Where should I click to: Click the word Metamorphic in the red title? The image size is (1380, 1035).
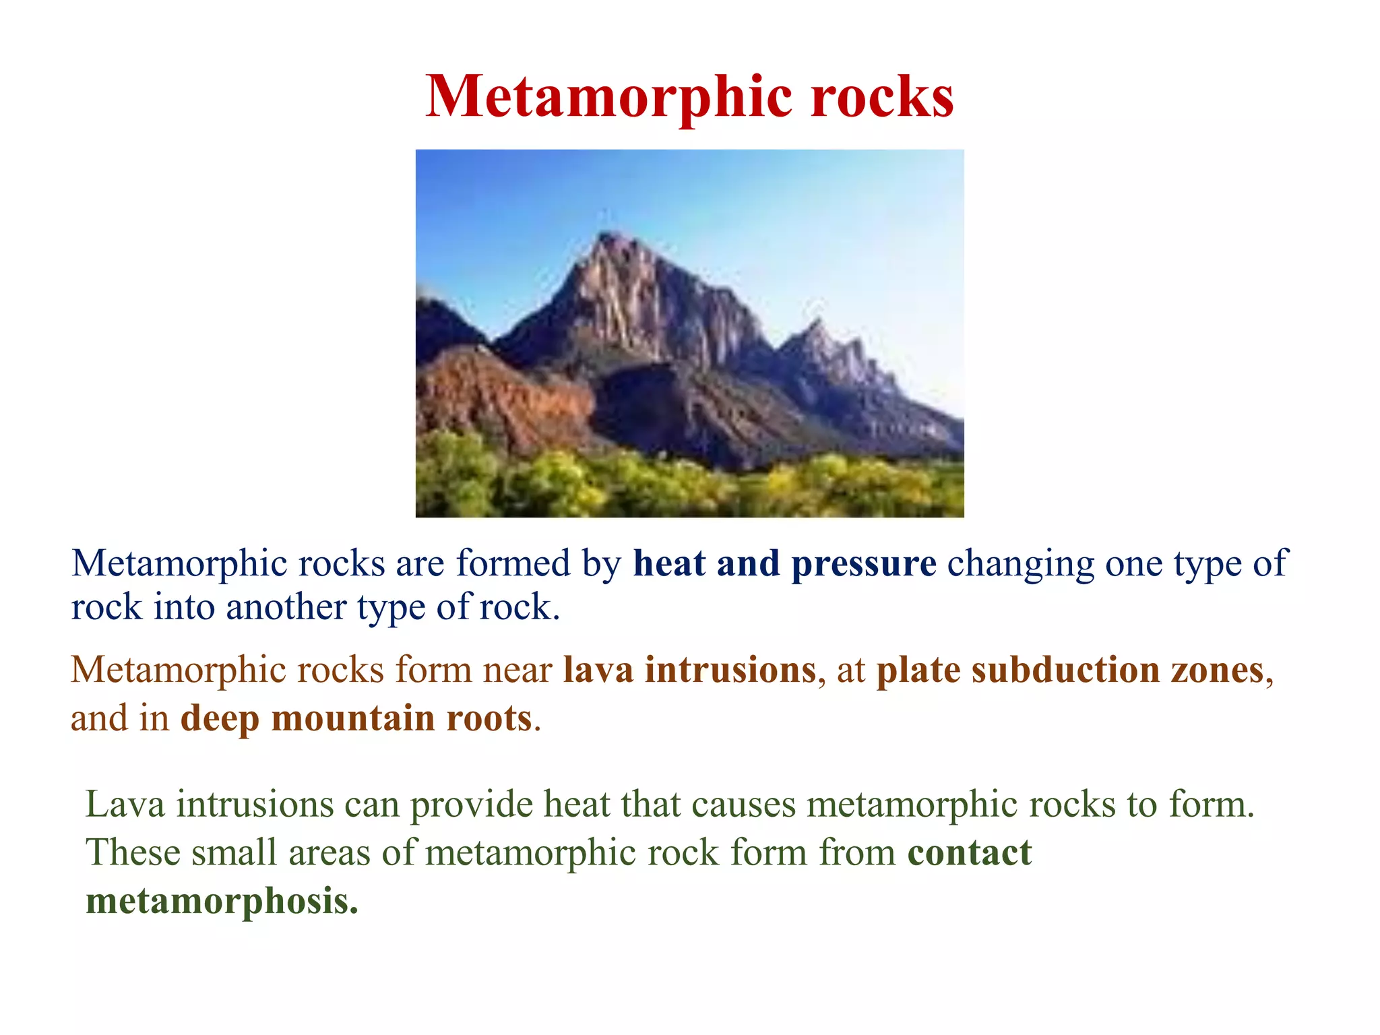[610, 98]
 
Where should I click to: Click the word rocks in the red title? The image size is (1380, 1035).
[882, 98]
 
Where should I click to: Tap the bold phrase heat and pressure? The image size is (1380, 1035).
[784, 563]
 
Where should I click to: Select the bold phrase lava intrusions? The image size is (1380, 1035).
[689, 670]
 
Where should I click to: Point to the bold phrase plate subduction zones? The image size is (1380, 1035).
[1070, 670]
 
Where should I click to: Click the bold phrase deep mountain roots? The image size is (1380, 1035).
[356, 718]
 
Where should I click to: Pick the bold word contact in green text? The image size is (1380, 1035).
[969, 852]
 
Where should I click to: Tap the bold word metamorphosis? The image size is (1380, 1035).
[222, 901]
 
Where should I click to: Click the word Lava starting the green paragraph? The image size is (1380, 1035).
[125, 805]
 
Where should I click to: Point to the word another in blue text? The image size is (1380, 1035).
[286, 608]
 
